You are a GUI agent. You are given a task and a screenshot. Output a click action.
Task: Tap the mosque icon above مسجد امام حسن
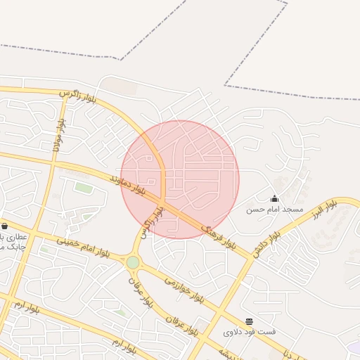coord(274,198)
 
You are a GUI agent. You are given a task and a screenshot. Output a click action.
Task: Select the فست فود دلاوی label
coord(250,332)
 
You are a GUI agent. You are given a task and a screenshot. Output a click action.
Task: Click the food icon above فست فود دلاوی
coord(250,321)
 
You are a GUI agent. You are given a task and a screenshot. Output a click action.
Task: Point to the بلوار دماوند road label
coord(127,186)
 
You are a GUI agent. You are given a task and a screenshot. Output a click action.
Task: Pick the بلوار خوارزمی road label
coord(184,288)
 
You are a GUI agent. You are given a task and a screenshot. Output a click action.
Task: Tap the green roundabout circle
coord(133,262)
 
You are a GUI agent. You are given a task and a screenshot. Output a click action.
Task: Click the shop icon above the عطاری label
coord(5,226)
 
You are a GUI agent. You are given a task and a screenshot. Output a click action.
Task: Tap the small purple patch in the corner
coord(354,347)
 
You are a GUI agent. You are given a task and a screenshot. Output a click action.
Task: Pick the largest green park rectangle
coord(84,188)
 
